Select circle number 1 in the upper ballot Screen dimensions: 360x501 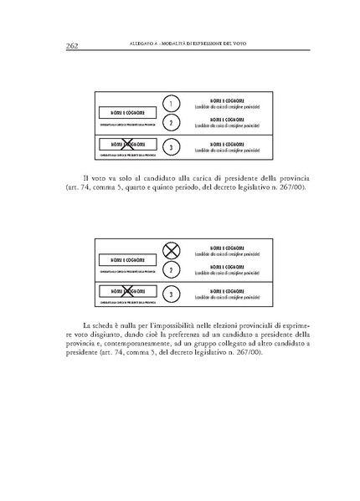pyautogui.click(x=171, y=105)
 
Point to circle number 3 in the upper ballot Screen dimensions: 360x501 pyautogui.click(x=171, y=147)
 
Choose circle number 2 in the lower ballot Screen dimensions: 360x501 pyautogui.click(x=171, y=270)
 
